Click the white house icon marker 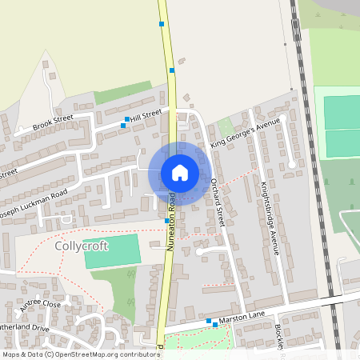pyautogui.click(x=179, y=173)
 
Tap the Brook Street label pyautogui.click(x=53, y=123)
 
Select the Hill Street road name pyautogui.click(x=146, y=117)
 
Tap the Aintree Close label pyautogui.click(x=41, y=304)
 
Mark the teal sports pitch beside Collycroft pyautogui.click(x=111, y=252)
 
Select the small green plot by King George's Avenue pyautogui.click(x=226, y=126)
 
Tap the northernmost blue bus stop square pyautogui.click(x=162, y=25)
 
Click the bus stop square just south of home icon pyautogui.click(x=166, y=220)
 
